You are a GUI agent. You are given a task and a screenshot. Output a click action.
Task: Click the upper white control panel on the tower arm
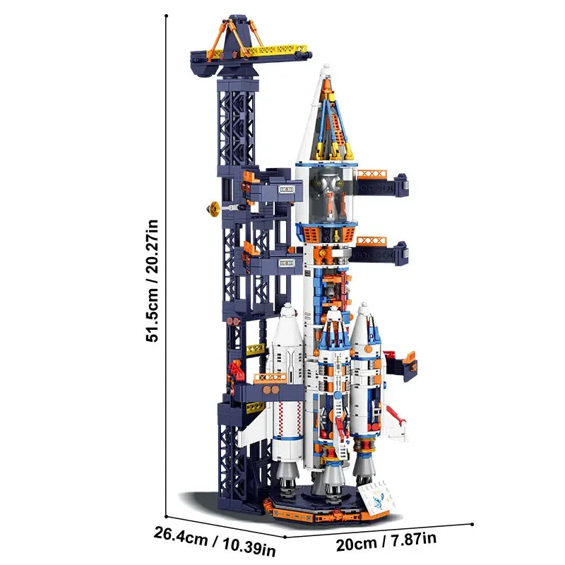(x=286, y=189)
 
